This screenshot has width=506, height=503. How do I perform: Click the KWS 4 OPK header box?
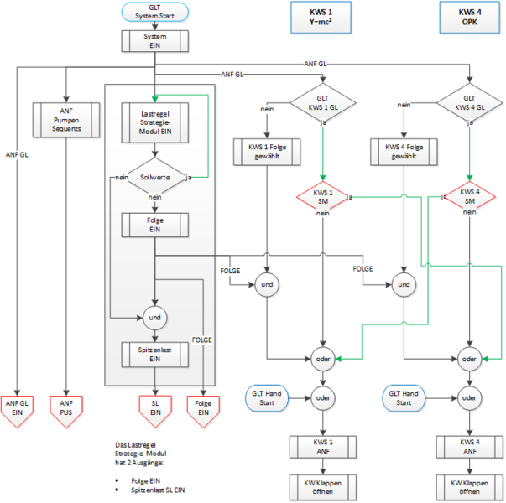pyautogui.click(x=468, y=16)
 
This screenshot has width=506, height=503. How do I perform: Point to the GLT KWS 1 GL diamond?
pyautogui.click(x=324, y=106)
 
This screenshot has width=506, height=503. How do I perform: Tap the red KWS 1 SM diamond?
pyautogui.click(x=324, y=200)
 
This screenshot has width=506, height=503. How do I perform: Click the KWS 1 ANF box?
pyautogui.click(x=324, y=447)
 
